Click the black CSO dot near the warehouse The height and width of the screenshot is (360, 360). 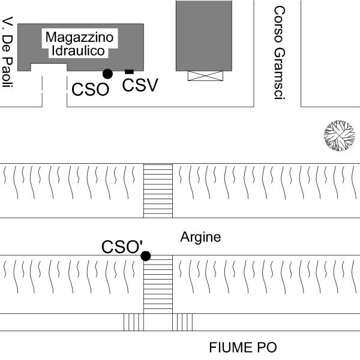[107, 74]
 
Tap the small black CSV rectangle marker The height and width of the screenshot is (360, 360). [129, 72]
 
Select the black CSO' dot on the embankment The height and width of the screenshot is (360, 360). [145, 256]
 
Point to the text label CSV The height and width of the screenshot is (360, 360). [140, 85]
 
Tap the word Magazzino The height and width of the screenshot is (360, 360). [80, 38]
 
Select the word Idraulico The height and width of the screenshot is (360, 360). [80, 51]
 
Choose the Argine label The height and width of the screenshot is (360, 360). [200, 238]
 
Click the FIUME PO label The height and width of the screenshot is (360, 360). [242, 347]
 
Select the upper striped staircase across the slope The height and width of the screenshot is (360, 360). [158, 190]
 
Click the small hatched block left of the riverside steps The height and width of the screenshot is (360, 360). [133, 322]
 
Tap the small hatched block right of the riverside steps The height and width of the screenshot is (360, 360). [183, 322]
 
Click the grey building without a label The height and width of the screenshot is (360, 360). [203, 35]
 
